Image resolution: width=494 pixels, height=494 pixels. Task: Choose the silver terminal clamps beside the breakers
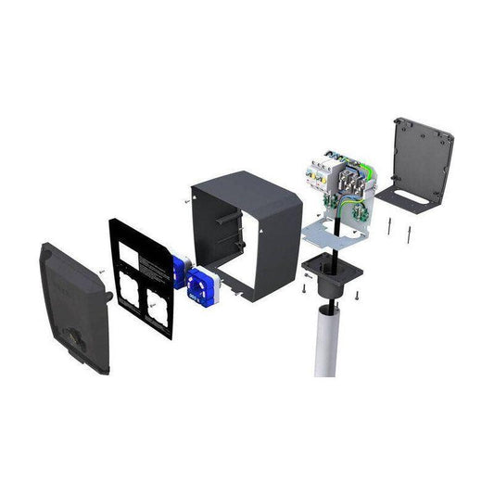[x=350, y=181]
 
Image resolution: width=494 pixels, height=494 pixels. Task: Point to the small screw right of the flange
[x=356, y=295]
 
